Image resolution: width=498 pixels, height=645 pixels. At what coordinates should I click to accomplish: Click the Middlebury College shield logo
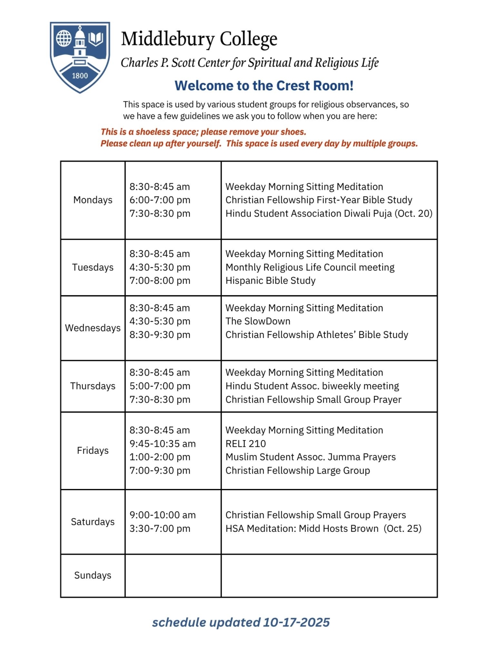(x=80, y=57)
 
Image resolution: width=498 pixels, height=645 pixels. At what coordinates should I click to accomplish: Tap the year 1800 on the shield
(x=80, y=75)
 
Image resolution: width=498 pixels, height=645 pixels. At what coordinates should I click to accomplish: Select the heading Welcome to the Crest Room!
(x=264, y=86)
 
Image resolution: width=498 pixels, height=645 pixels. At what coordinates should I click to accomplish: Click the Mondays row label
(x=92, y=200)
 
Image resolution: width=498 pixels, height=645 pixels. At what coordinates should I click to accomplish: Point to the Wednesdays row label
(x=92, y=328)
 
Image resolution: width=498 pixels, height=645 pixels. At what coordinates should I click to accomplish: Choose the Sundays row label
(x=92, y=575)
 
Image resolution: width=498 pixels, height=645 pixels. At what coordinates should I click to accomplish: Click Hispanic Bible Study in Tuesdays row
(x=270, y=281)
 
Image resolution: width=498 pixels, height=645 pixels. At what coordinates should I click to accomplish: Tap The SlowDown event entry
(x=258, y=321)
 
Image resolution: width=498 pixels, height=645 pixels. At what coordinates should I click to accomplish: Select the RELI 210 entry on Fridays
(x=245, y=444)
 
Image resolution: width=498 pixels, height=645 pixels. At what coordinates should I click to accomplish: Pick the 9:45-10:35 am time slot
(x=163, y=444)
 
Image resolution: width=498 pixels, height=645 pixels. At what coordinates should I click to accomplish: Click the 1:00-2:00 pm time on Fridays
(x=160, y=457)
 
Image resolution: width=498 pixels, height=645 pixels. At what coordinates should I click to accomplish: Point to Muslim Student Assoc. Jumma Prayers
(x=310, y=457)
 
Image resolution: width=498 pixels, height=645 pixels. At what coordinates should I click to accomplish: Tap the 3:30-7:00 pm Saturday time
(x=160, y=528)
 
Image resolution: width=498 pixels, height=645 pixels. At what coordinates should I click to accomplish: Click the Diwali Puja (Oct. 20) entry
(x=329, y=214)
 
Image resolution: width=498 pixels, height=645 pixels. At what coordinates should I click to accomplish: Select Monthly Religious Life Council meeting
(x=310, y=267)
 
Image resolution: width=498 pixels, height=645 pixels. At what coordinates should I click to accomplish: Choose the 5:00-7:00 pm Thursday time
(x=160, y=386)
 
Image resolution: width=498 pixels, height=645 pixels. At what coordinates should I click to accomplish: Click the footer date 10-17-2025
(x=296, y=622)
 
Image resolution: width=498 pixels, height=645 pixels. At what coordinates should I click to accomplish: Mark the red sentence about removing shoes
(x=203, y=132)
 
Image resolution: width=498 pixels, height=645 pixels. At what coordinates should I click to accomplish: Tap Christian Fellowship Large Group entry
(x=298, y=470)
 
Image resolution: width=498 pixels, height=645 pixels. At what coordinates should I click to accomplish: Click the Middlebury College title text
(x=199, y=39)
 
